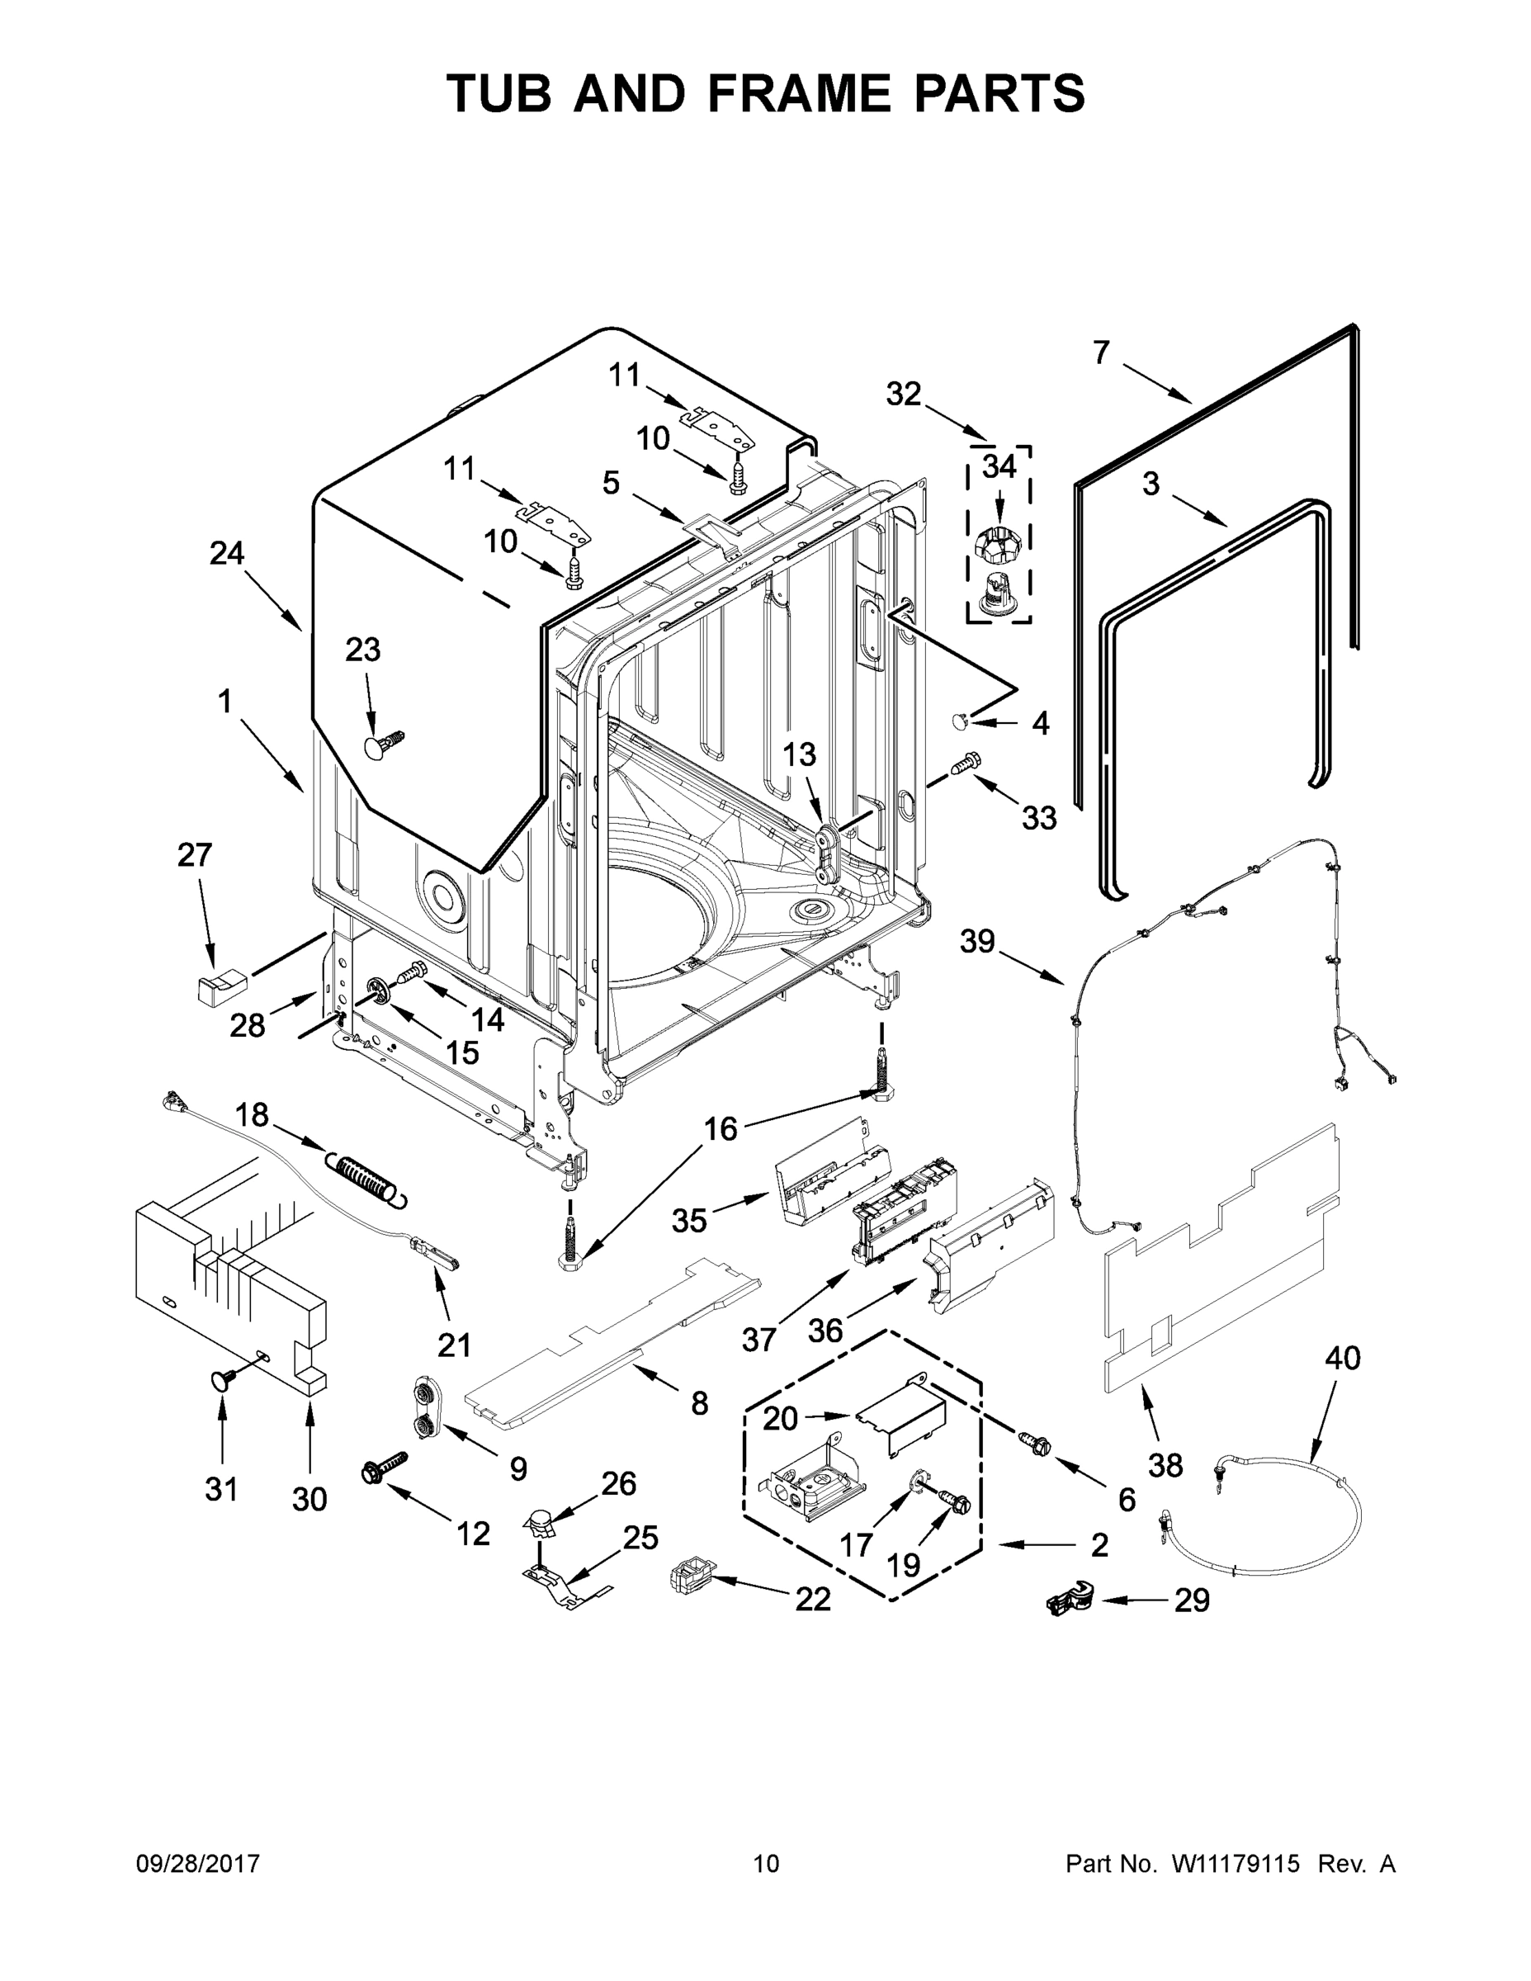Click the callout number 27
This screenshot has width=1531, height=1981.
point(194,854)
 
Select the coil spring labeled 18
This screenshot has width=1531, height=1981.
point(366,1180)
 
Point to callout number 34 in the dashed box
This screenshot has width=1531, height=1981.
point(999,467)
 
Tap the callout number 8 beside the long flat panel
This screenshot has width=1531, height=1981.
point(699,1403)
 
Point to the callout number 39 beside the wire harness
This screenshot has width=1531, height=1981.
point(978,942)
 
